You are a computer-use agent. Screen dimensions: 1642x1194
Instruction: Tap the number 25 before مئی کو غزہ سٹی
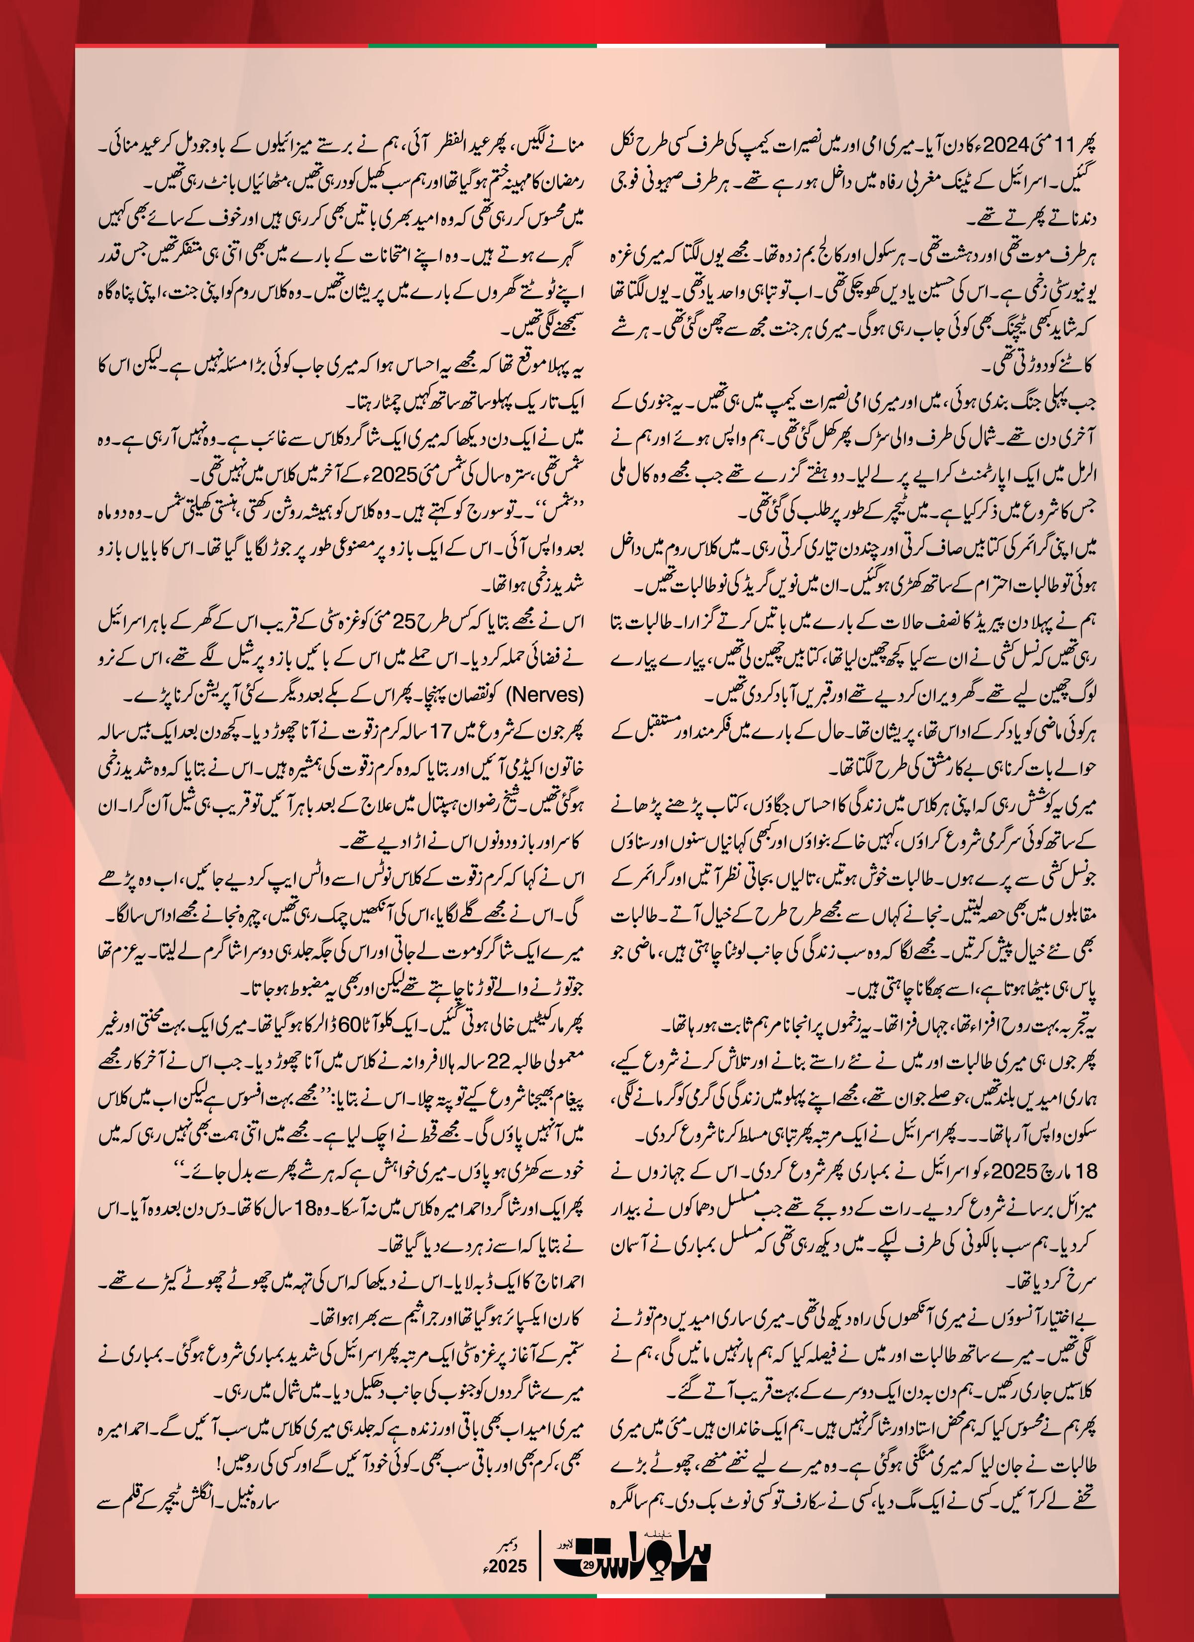tap(404, 622)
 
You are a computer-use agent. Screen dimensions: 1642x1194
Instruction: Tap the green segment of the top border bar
tap(482, 46)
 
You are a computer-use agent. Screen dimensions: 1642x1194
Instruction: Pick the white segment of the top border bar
tap(711, 46)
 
